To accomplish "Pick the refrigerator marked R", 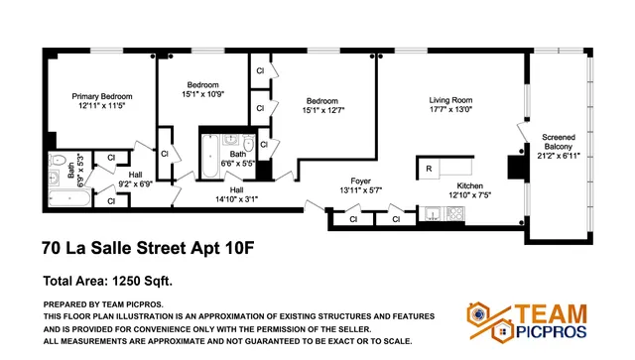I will point(428,169).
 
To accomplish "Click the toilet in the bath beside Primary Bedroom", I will point(58,159).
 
